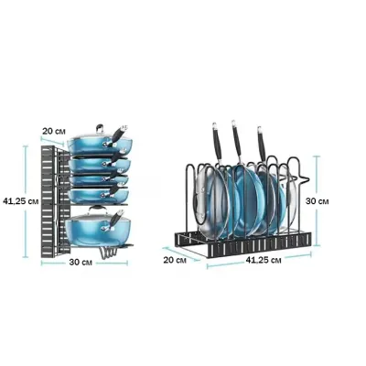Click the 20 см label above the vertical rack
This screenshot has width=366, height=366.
coord(54,132)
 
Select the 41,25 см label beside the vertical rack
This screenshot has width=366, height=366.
coord(20,201)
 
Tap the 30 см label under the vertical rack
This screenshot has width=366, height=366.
coord(81,263)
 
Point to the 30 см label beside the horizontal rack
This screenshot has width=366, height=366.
coord(318,201)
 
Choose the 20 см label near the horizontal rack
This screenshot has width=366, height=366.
coord(175,260)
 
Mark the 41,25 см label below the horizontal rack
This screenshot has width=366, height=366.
coord(264,260)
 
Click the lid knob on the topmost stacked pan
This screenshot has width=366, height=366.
coord(100,128)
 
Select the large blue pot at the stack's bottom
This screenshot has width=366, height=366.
coord(98,229)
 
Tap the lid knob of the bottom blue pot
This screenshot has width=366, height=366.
coord(97,209)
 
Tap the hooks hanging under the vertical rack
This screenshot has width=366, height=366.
coord(108,253)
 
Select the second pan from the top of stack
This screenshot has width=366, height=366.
coord(100,165)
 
